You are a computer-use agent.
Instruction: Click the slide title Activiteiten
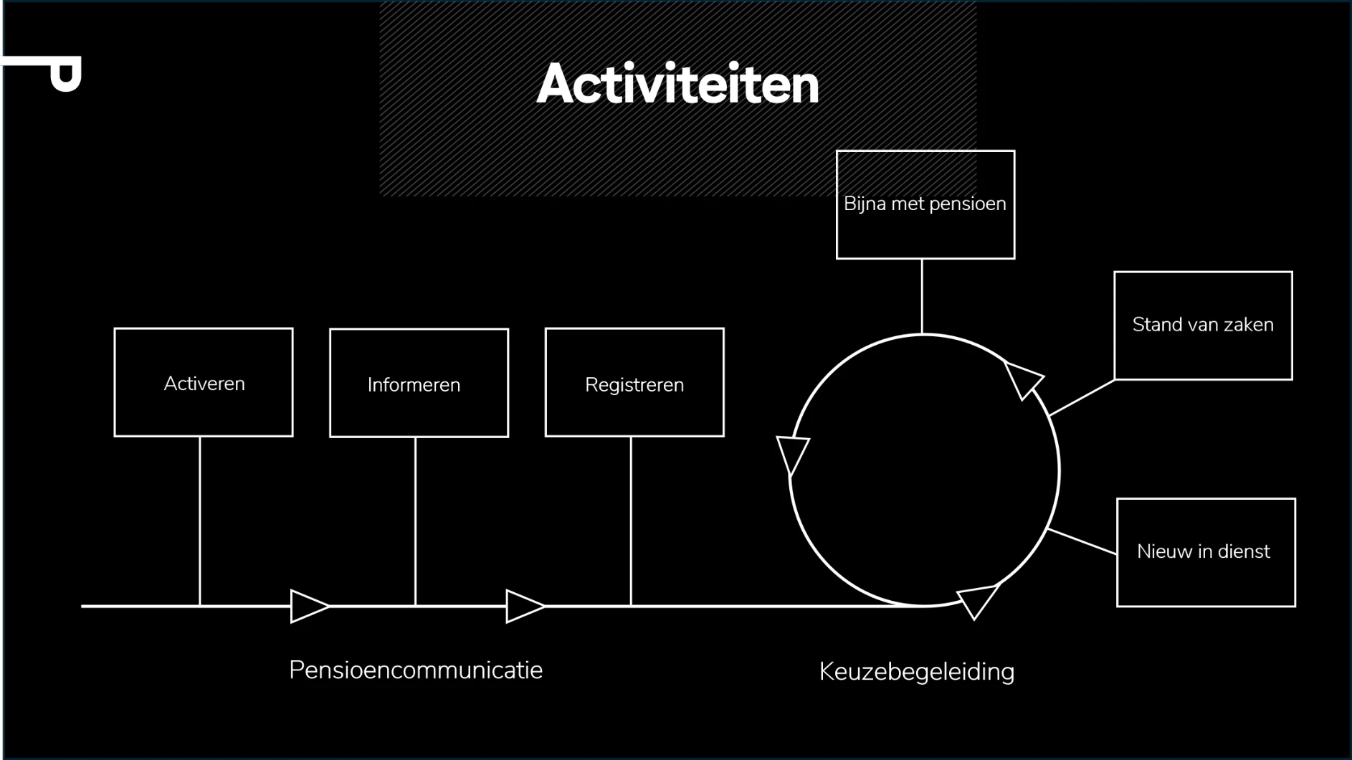(677, 85)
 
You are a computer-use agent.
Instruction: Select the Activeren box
(204, 382)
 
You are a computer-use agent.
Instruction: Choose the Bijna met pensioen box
(925, 204)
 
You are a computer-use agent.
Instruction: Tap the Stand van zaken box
(1203, 326)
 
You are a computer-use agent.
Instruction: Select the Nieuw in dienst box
(1206, 552)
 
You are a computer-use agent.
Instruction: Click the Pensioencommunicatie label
(416, 670)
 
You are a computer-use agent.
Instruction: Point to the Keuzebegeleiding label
(916, 672)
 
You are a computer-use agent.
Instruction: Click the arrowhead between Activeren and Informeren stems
(308, 607)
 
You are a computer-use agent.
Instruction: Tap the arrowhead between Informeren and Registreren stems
(523, 607)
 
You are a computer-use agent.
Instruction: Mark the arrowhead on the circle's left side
(793, 453)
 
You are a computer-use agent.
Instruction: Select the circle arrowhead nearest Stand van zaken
(1023, 378)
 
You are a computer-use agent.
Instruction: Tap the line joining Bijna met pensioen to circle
(922, 296)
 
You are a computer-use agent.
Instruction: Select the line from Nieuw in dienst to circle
(1082, 541)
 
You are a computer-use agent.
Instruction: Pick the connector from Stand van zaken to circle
(1082, 397)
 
